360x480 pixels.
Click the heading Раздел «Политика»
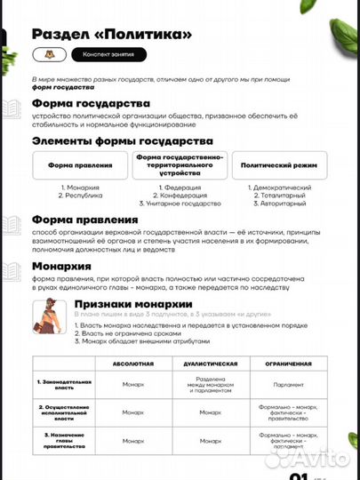111,34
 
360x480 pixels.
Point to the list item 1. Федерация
180,188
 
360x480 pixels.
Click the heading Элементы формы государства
122,140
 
